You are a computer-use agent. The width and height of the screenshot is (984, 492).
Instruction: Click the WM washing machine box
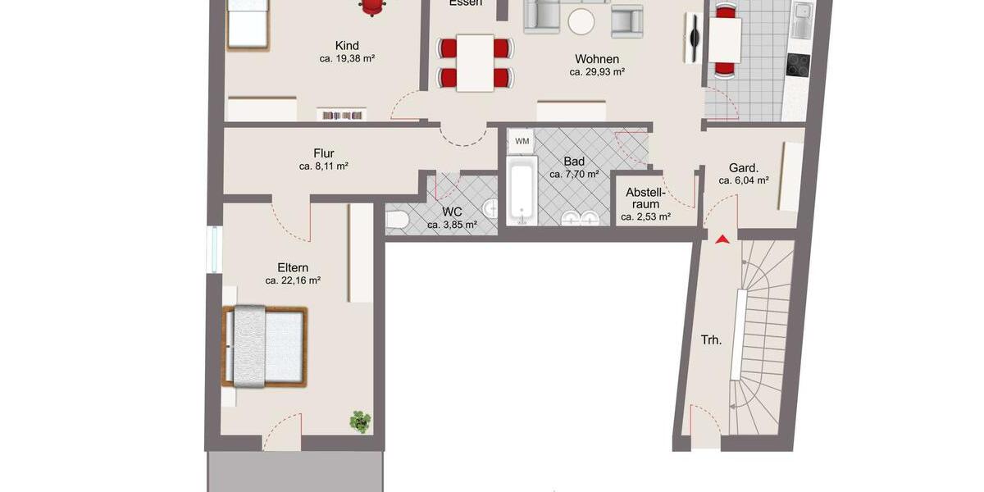522,141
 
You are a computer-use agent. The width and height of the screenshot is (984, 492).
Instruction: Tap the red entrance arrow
722,239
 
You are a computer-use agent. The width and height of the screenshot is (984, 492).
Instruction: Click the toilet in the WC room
398,220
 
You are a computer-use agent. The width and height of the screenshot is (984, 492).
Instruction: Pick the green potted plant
360,421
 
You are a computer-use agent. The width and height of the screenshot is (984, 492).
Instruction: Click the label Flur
324,153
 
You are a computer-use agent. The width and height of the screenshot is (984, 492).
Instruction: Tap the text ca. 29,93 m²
597,72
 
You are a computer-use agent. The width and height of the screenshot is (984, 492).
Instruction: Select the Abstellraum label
645,198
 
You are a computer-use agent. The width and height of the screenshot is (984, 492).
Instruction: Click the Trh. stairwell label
711,339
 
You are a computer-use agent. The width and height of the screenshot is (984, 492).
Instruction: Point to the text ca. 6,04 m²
743,180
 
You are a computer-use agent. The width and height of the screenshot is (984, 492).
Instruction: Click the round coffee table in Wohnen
582,21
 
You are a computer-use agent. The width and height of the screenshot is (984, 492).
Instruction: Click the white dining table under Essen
475,62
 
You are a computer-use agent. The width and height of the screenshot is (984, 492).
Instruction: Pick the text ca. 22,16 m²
293,280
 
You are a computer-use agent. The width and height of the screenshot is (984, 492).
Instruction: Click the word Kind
347,46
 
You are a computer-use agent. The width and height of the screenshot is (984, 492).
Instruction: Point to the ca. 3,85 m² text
452,225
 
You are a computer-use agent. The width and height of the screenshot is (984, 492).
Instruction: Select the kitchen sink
800,14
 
